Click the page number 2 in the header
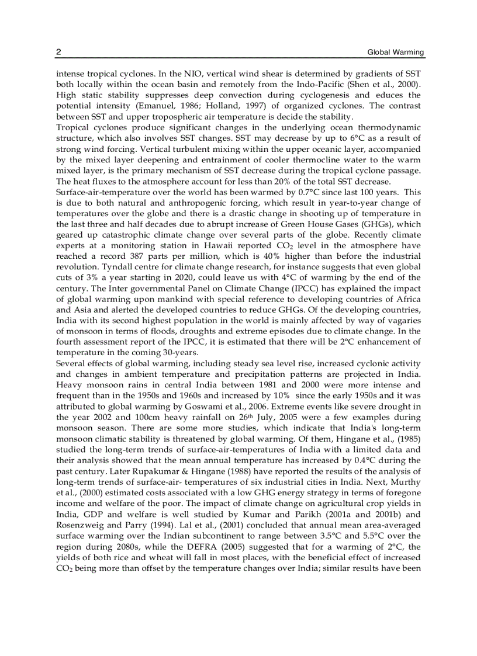[x=58, y=53]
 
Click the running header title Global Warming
[x=396, y=53]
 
